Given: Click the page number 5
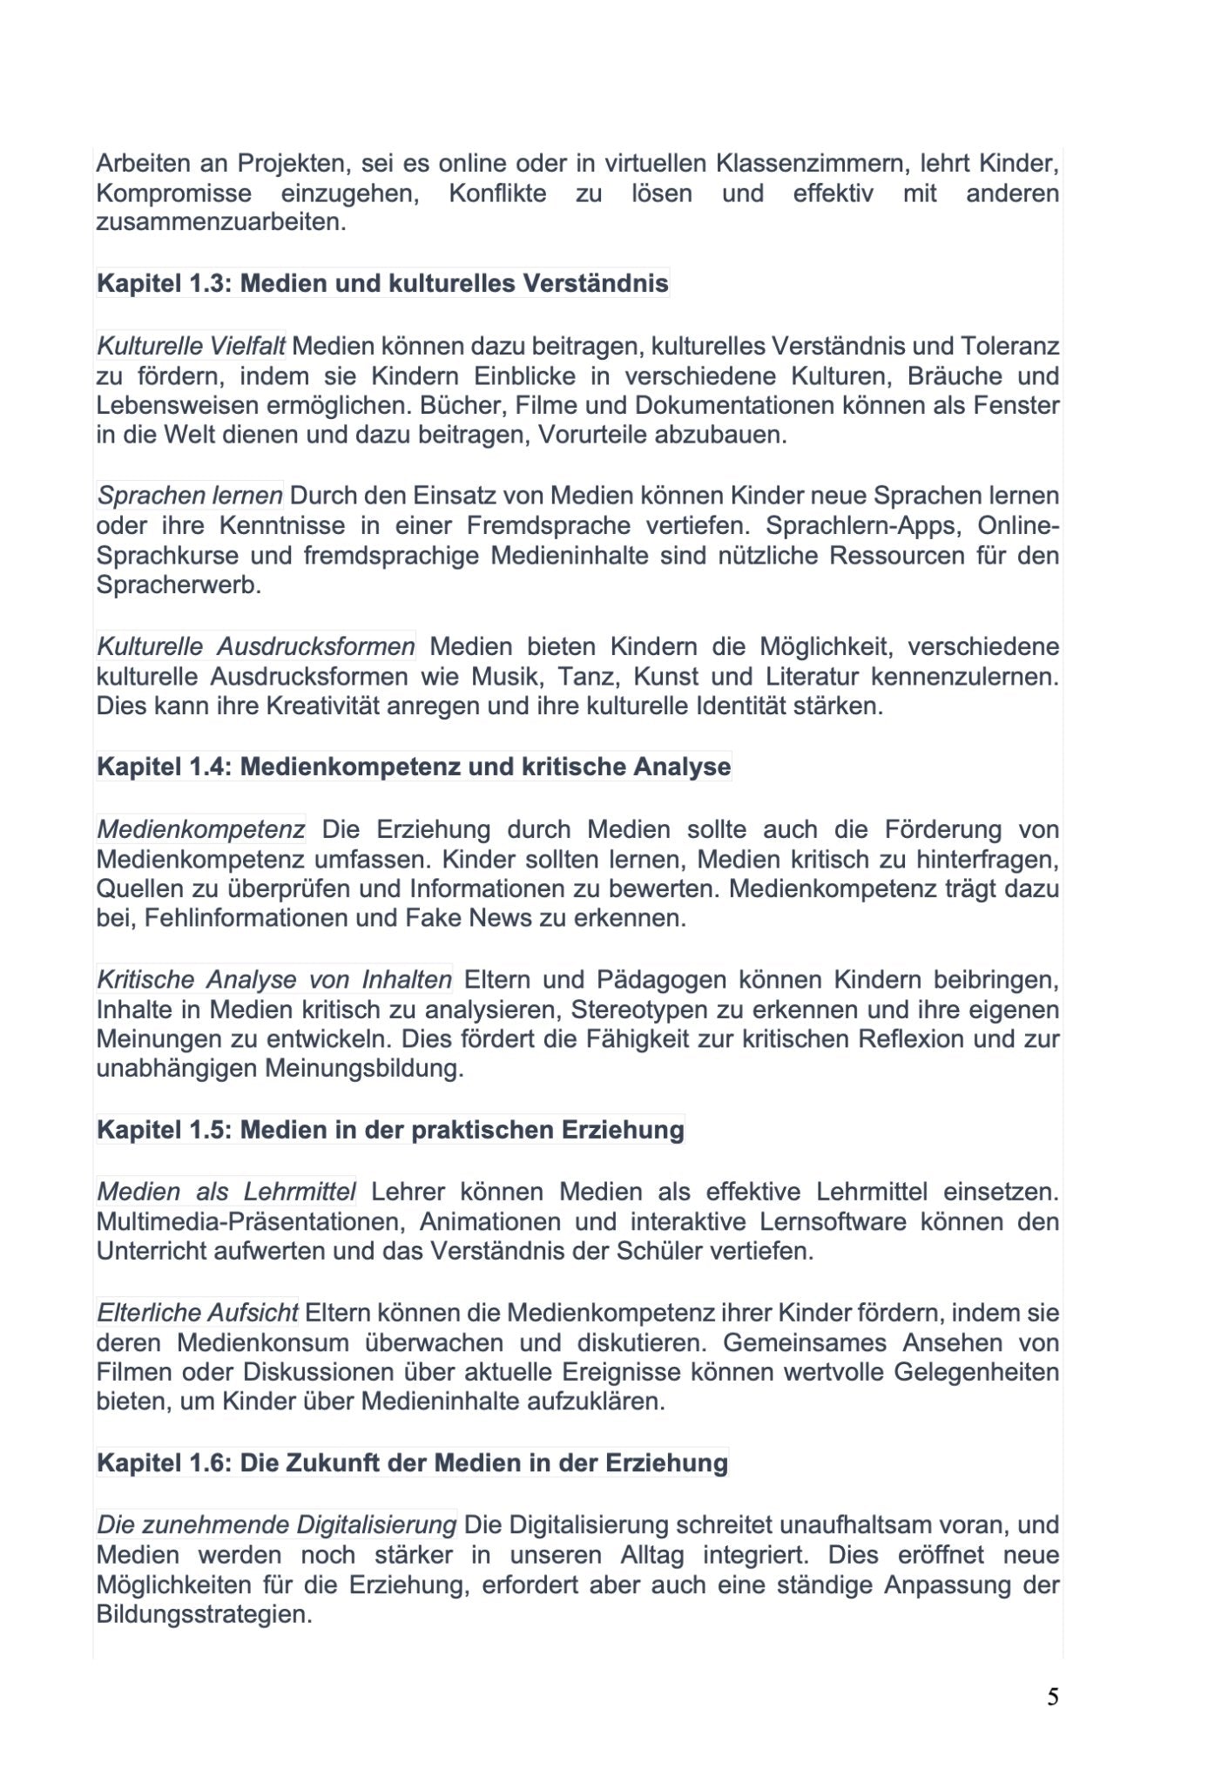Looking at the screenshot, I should coord(1053,1697).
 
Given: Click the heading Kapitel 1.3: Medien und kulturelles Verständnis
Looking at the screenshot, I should coord(382,283).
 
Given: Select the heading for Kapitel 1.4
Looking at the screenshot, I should coord(414,767).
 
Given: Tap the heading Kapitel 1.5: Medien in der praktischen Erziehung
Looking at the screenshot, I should coord(390,1130).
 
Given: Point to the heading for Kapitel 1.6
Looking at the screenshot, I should coord(412,1462).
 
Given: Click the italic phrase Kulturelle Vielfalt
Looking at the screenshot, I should coord(191,347).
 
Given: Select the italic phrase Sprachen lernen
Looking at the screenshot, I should coord(190,496).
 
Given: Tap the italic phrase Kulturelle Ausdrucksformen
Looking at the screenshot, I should coord(256,646).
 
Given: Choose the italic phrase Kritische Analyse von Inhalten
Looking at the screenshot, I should coord(274,980).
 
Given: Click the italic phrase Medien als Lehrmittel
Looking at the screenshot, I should coord(226,1191).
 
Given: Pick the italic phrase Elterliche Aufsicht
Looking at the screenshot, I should coord(198,1313).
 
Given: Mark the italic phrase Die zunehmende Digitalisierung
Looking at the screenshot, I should coord(276,1525).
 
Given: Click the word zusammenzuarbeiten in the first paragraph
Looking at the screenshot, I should coord(221,222).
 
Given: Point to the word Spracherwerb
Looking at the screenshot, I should coord(179,585).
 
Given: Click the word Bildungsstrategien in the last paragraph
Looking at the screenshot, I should coord(204,1614).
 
